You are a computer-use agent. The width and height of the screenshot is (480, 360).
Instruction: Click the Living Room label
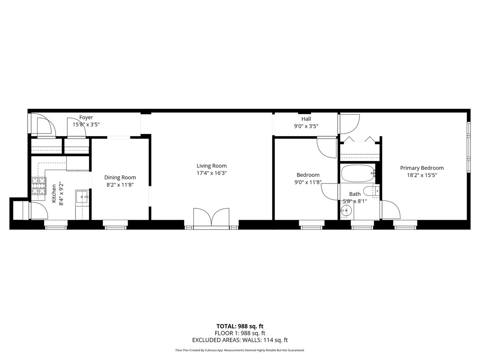pos(212,166)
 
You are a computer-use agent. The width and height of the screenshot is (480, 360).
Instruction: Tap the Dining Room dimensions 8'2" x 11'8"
pos(120,185)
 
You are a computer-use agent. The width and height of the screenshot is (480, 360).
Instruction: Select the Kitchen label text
pos(54,193)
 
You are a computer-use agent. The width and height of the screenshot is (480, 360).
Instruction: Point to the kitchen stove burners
pos(39,186)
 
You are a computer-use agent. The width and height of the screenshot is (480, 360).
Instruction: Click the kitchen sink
pos(82,197)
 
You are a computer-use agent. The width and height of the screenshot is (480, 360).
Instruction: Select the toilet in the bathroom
pos(371,191)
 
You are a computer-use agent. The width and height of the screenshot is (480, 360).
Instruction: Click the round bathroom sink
pos(346,210)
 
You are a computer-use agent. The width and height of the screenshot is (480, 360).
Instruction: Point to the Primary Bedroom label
pos(422,168)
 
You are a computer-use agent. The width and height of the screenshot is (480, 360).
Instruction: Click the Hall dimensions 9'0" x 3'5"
pos(306,126)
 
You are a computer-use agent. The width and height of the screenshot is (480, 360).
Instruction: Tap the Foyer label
pos(86,117)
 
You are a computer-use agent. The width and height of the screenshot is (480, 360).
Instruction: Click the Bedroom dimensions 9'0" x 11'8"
pos(308,182)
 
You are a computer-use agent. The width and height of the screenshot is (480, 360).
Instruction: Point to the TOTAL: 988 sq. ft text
pos(240,327)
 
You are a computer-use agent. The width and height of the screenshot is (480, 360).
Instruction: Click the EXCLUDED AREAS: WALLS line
pos(240,340)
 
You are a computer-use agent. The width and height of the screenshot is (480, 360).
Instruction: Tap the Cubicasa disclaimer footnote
pos(240,350)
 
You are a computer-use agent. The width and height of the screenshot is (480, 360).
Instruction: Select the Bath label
pos(355,194)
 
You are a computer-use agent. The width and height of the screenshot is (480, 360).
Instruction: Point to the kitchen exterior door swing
pos(39,210)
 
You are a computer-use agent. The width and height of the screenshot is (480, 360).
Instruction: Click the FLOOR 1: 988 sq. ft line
pos(240,333)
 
